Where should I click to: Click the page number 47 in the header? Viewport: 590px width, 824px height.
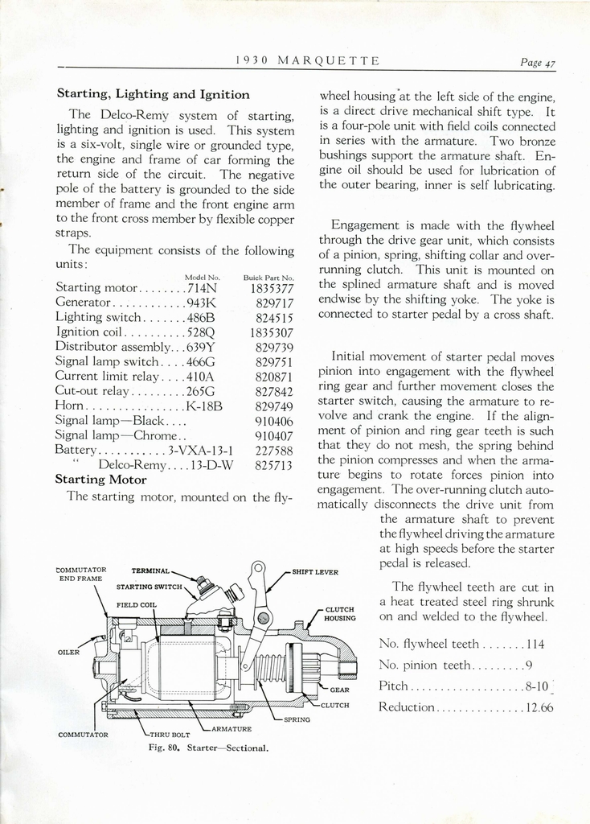[x=550, y=64]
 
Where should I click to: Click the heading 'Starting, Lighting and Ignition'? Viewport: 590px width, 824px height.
[x=153, y=94]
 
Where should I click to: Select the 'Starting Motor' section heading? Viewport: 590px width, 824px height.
[x=100, y=479]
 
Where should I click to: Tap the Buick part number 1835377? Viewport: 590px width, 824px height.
[x=272, y=287]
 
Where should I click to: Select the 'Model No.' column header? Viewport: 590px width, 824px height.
[x=202, y=277]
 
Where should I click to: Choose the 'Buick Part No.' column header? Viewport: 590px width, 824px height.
[x=268, y=277]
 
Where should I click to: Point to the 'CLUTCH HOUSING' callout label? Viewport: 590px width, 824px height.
[x=340, y=614]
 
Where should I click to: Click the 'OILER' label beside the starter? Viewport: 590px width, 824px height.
[x=68, y=652]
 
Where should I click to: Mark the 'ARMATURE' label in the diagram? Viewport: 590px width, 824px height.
[x=231, y=728]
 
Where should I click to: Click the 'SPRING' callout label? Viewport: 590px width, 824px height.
[x=297, y=719]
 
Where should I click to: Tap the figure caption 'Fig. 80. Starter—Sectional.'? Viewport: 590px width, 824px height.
[x=208, y=748]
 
